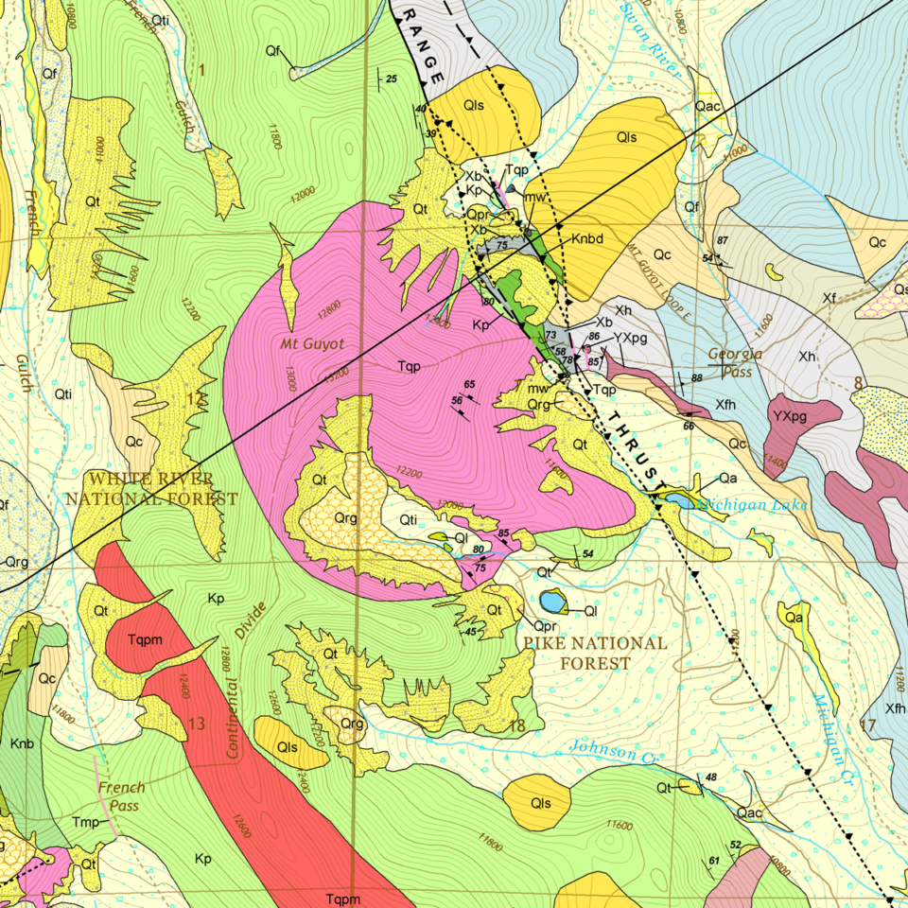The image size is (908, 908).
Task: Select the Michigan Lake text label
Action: (x=753, y=504)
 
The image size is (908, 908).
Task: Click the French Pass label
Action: (x=121, y=795)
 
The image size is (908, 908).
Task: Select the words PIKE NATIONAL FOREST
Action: (x=595, y=654)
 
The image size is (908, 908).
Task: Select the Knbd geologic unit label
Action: (x=585, y=239)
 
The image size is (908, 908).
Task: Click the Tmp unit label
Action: (x=86, y=823)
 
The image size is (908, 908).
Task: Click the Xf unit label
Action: (x=829, y=299)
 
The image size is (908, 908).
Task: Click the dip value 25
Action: (x=391, y=79)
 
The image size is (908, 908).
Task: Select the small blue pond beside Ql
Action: (x=551, y=601)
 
